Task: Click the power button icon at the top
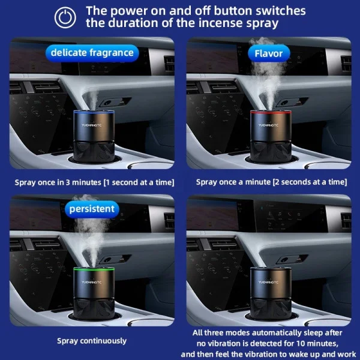(x=65, y=17)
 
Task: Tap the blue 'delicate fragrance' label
(x=92, y=53)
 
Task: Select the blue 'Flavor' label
(x=269, y=53)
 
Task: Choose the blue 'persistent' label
(x=92, y=209)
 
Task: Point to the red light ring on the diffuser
(x=271, y=112)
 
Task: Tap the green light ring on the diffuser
(x=94, y=269)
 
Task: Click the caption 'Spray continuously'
(x=92, y=341)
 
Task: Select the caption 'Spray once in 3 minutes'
(x=58, y=182)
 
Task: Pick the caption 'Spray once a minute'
(x=233, y=182)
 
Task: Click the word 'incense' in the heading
(x=220, y=23)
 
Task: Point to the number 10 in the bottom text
(x=301, y=343)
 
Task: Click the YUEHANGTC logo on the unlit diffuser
(x=268, y=282)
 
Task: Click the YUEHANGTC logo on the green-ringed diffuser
(x=91, y=282)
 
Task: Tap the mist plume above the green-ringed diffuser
(x=91, y=231)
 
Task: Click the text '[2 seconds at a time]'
(x=310, y=182)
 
